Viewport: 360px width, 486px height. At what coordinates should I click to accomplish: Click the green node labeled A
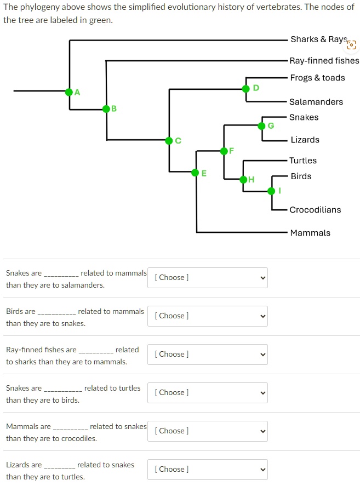(69, 92)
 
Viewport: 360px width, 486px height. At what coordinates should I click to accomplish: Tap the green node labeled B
(106, 109)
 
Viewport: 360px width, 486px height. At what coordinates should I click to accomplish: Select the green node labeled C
(169, 141)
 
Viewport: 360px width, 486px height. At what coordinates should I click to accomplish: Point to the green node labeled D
(246, 89)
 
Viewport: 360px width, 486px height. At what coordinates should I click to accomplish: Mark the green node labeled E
(196, 173)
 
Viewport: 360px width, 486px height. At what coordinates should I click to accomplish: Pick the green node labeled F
(224, 151)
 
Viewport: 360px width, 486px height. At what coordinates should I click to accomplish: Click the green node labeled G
(262, 126)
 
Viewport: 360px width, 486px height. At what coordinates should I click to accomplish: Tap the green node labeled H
(243, 179)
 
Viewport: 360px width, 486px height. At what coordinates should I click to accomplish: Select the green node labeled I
(272, 191)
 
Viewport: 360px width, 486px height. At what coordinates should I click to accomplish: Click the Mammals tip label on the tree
(310, 233)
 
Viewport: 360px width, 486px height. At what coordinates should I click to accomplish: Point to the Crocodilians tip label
(315, 210)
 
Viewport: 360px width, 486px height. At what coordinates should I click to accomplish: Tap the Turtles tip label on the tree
(303, 161)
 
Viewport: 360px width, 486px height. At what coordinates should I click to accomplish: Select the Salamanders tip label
(316, 102)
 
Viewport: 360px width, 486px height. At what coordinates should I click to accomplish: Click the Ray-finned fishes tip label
(324, 61)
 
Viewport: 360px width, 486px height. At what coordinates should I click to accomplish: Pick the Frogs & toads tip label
(317, 78)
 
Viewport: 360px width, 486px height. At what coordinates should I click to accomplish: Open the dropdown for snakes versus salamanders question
(208, 278)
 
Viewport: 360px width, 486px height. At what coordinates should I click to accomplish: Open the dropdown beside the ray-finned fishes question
(208, 355)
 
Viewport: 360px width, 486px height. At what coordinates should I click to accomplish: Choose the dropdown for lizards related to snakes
(208, 470)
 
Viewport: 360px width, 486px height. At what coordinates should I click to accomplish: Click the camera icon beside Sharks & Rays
(352, 45)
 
